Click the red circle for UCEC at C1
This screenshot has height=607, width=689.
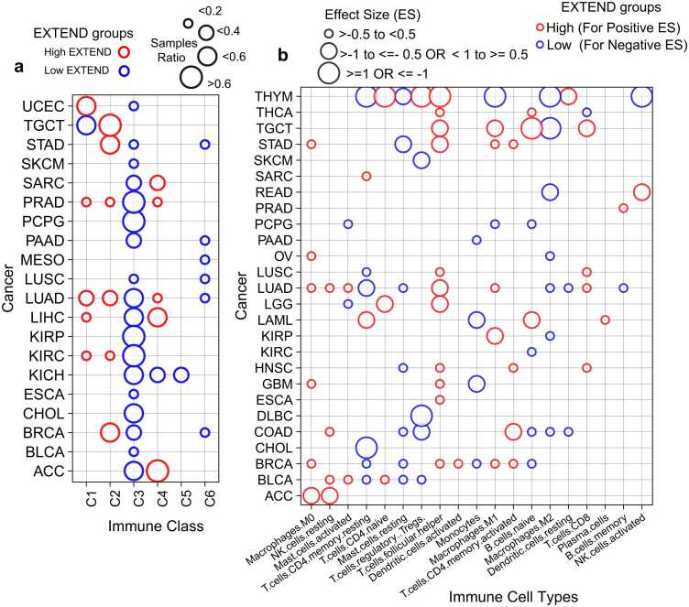point(86,106)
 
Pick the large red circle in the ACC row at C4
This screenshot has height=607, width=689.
point(157,471)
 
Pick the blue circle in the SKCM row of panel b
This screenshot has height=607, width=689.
point(421,160)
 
